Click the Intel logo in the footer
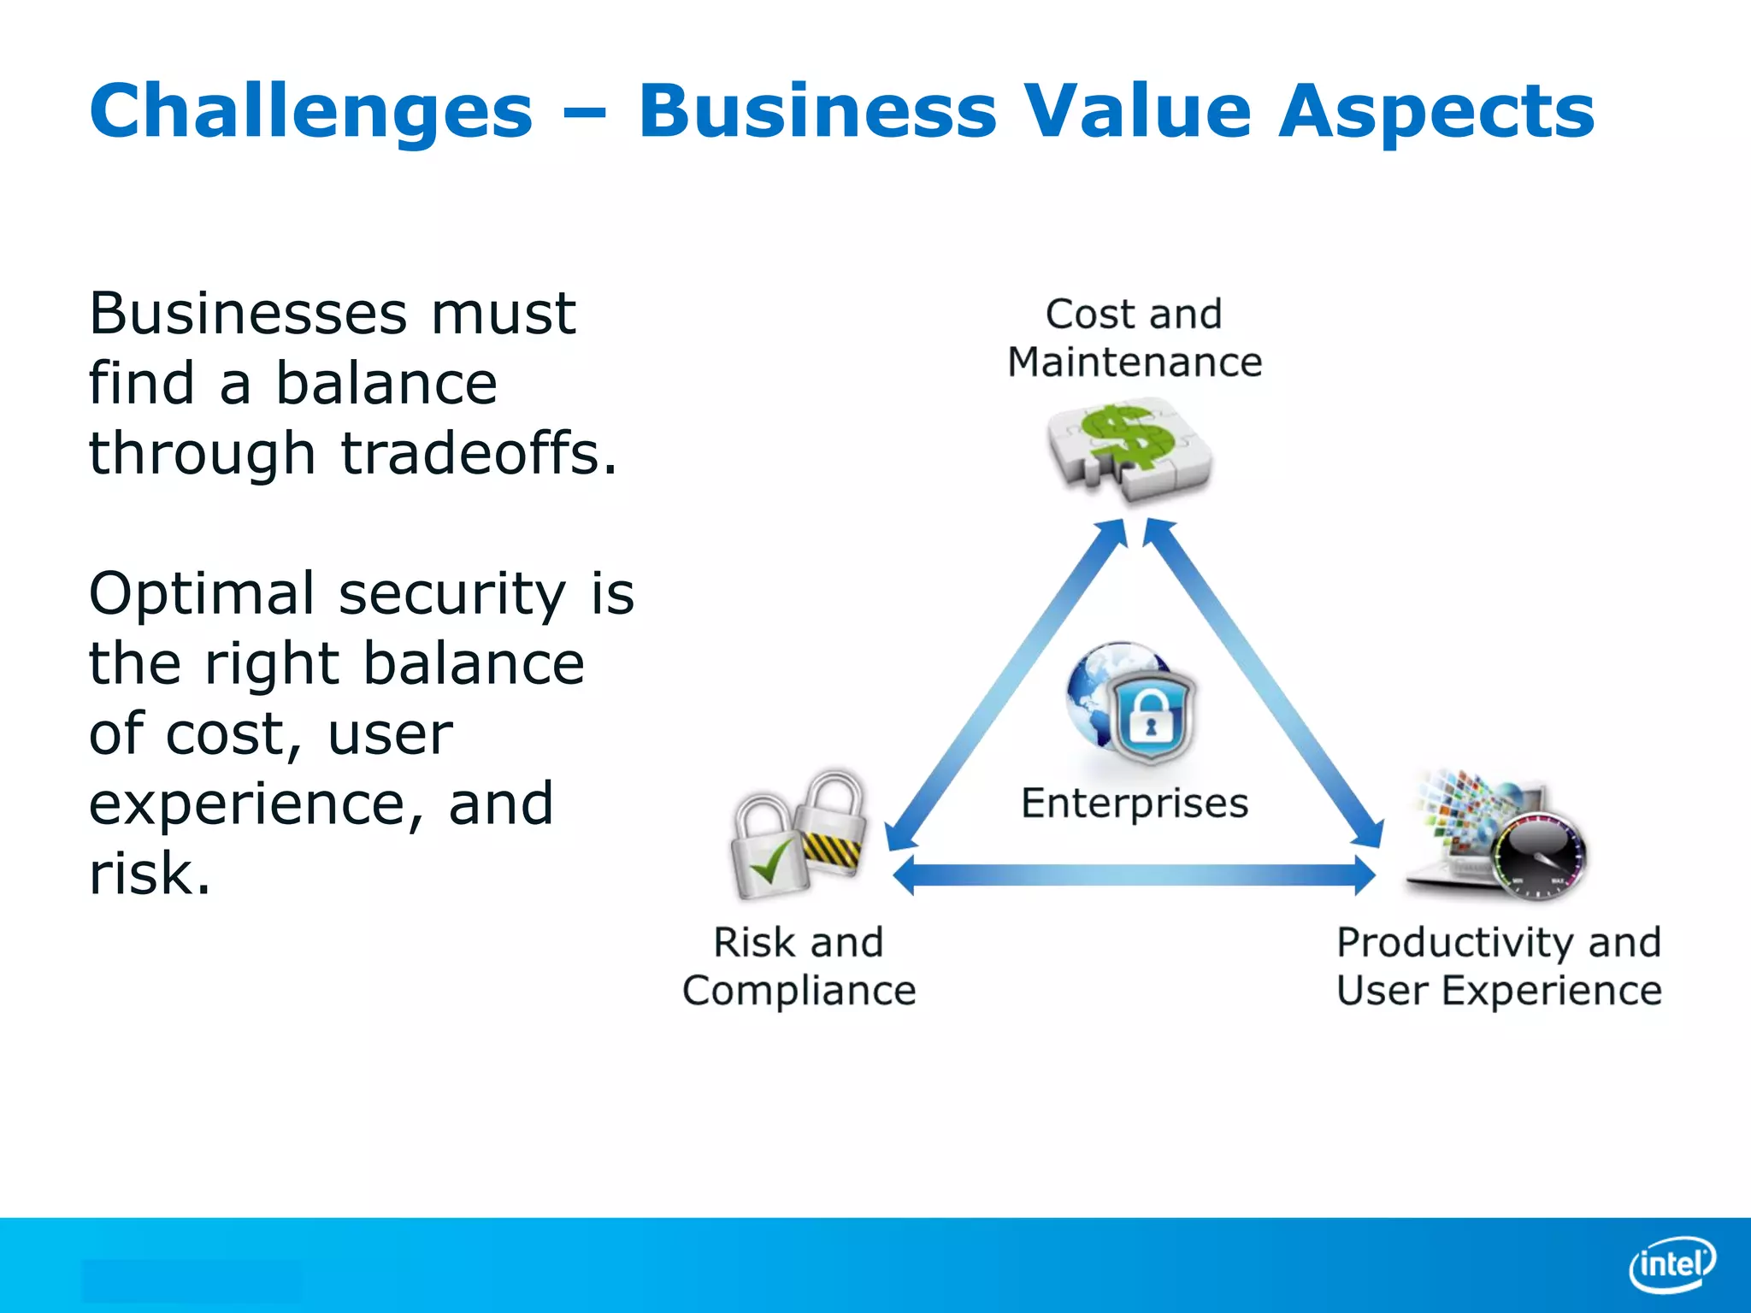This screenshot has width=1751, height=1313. click(x=1671, y=1263)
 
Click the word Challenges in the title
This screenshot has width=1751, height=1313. click(x=310, y=111)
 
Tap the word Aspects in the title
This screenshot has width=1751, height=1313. click(x=1436, y=111)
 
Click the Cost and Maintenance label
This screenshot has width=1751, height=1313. click(x=1134, y=338)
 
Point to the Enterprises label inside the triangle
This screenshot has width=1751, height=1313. click(x=1135, y=804)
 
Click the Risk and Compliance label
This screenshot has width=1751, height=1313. click(x=799, y=966)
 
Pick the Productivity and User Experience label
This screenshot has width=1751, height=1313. click(x=1498, y=966)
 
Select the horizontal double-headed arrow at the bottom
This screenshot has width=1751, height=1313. click(x=1134, y=874)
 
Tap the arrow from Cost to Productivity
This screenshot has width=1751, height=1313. click(x=1264, y=684)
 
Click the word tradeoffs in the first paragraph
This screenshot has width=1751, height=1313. click(x=478, y=453)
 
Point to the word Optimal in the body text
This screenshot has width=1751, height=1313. click(x=202, y=594)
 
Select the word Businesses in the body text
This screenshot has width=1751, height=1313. click(x=248, y=314)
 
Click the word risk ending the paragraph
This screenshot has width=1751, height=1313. click(x=149, y=874)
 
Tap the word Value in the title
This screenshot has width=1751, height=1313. click(x=1137, y=111)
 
